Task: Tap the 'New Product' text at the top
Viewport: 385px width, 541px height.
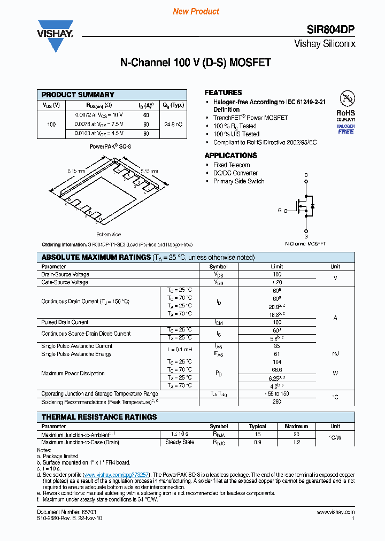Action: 196,11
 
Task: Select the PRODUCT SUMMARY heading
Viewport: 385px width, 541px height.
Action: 78,95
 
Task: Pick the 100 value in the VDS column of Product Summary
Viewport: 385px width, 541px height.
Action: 51,124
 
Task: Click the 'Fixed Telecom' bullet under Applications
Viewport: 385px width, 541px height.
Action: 231,165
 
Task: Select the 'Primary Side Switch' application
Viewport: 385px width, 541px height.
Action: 238,181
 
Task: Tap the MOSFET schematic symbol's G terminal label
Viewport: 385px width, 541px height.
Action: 279,211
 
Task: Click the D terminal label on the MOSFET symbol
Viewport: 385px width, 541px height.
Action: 306,175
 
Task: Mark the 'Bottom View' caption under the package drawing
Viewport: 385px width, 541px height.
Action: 109,234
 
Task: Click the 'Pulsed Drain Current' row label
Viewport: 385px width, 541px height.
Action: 65,322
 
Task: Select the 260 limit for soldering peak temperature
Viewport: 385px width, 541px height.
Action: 276,401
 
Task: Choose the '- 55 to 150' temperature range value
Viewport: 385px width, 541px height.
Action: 276,393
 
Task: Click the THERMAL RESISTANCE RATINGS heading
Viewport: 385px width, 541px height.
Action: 99,417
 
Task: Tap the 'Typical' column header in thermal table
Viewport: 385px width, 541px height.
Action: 257,427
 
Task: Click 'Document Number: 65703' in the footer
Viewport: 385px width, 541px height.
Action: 59,512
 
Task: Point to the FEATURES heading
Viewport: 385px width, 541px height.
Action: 223,92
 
